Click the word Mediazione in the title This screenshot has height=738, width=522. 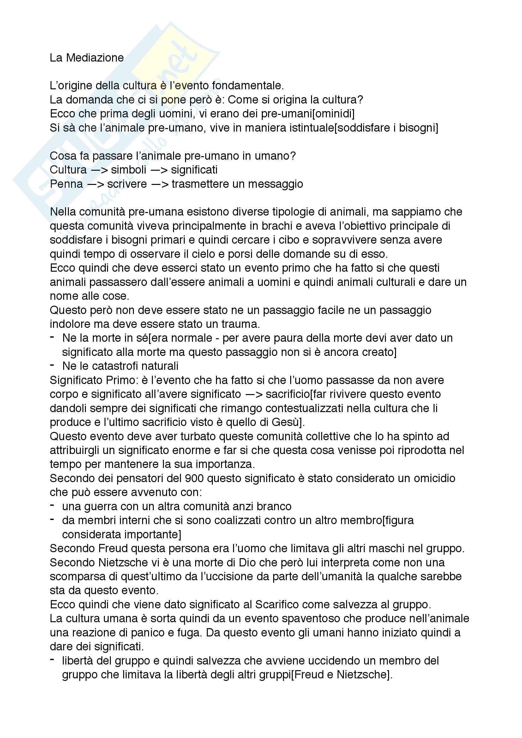[x=95, y=58]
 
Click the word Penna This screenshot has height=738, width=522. [x=66, y=184]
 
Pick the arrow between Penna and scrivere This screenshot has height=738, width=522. [x=95, y=184]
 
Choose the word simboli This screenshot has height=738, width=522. [x=128, y=170]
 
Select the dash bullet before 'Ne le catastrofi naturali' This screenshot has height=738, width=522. [x=52, y=365]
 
